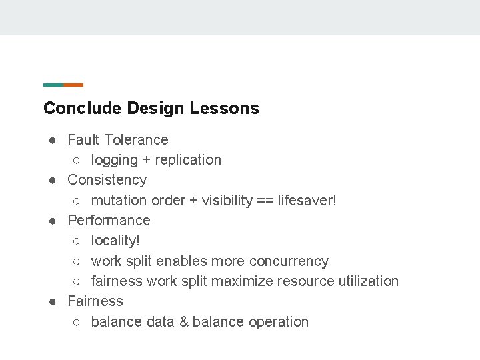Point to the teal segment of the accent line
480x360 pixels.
click(x=53, y=85)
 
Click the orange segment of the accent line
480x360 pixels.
click(x=73, y=85)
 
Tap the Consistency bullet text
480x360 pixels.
click(x=107, y=180)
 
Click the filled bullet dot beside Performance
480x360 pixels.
click(x=51, y=221)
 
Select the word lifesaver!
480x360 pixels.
click(x=307, y=201)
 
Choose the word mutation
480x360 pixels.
click(x=119, y=201)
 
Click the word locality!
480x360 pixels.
click(x=115, y=241)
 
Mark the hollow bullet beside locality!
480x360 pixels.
click(x=77, y=241)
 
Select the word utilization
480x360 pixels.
click(x=368, y=281)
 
